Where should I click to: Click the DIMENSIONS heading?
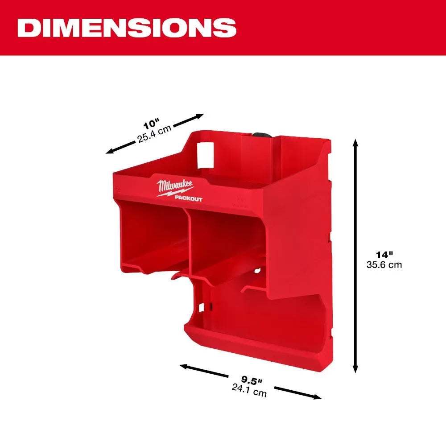[x=127, y=28]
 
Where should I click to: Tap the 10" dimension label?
[x=151, y=123]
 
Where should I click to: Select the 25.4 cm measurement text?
[x=154, y=133]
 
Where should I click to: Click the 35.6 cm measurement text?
[x=384, y=265]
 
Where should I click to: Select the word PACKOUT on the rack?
[x=188, y=199]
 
